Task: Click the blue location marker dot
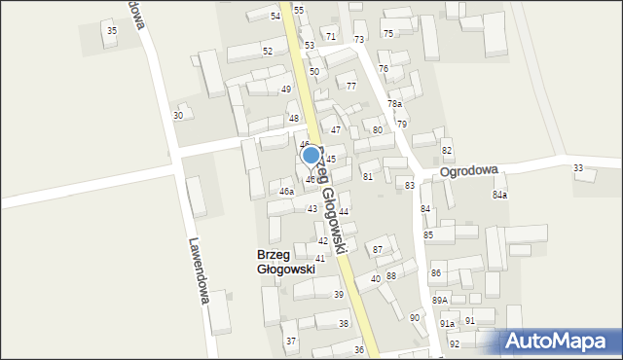[x=311, y=154]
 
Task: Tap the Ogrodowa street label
[x=468, y=169]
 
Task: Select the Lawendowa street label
[x=200, y=271]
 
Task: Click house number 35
[x=112, y=31]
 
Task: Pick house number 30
[x=178, y=116]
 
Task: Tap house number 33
[x=578, y=168]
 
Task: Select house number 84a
[x=499, y=196]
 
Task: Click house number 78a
[x=394, y=104]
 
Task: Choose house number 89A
[x=440, y=301]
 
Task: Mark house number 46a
[x=286, y=192]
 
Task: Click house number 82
[x=447, y=150]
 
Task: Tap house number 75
[x=388, y=34]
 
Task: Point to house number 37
[x=290, y=342]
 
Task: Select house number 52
[x=268, y=51]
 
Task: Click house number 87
[x=379, y=250]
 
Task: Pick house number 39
[x=339, y=295]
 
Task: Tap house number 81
[x=368, y=176]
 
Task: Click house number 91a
[x=447, y=323]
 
